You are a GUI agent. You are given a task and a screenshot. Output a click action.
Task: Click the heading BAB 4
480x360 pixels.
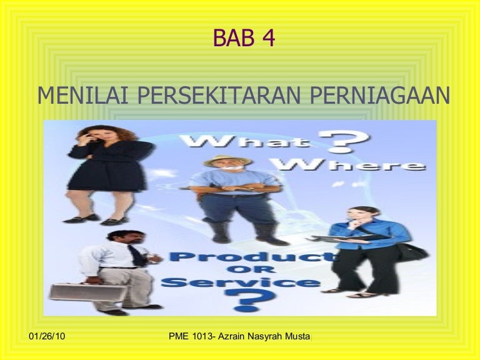(244, 37)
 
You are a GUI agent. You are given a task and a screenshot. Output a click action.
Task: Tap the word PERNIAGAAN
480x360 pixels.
(379, 95)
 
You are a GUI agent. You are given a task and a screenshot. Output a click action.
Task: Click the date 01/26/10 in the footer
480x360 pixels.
(47, 336)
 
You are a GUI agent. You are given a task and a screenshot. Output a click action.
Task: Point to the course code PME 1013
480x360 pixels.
(191, 336)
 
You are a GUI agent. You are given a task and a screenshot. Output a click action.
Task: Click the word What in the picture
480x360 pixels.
(244, 142)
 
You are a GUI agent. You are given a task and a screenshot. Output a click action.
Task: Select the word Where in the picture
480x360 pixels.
(349, 164)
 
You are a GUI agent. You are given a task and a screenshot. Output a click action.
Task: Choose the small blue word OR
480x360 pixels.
(251, 270)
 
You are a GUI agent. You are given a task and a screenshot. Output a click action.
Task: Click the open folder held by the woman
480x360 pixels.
(349, 238)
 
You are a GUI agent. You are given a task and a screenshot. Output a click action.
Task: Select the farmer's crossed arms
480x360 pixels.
(236, 188)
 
